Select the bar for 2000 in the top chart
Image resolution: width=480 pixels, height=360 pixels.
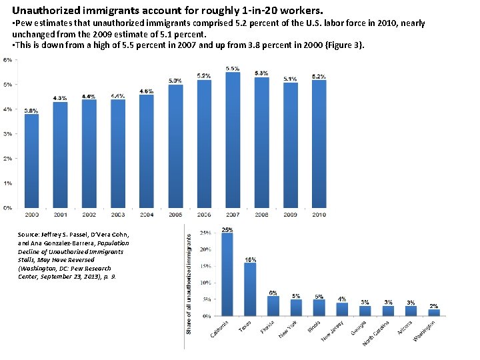click(x=31, y=161)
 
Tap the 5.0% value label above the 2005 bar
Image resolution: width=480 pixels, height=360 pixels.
click(x=175, y=81)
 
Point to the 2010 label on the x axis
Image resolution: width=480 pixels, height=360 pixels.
click(x=319, y=215)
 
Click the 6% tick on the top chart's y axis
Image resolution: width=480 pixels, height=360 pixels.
click(x=7, y=60)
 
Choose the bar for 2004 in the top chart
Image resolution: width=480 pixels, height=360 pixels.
click(x=147, y=151)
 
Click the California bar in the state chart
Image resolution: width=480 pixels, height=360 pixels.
click(x=227, y=274)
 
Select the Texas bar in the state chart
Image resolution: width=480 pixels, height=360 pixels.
click(x=250, y=289)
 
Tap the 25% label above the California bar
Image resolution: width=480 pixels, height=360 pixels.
click(x=227, y=229)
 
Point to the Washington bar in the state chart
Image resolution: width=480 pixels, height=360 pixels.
click(x=434, y=312)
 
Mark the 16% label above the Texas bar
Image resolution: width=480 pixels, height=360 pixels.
click(x=251, y=259)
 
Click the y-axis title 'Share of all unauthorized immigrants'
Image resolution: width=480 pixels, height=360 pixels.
click(x=189, y=284)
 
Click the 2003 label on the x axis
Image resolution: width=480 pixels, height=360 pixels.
click(x=118, y=215)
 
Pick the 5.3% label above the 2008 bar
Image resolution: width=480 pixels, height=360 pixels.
click(x=261, y=73)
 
